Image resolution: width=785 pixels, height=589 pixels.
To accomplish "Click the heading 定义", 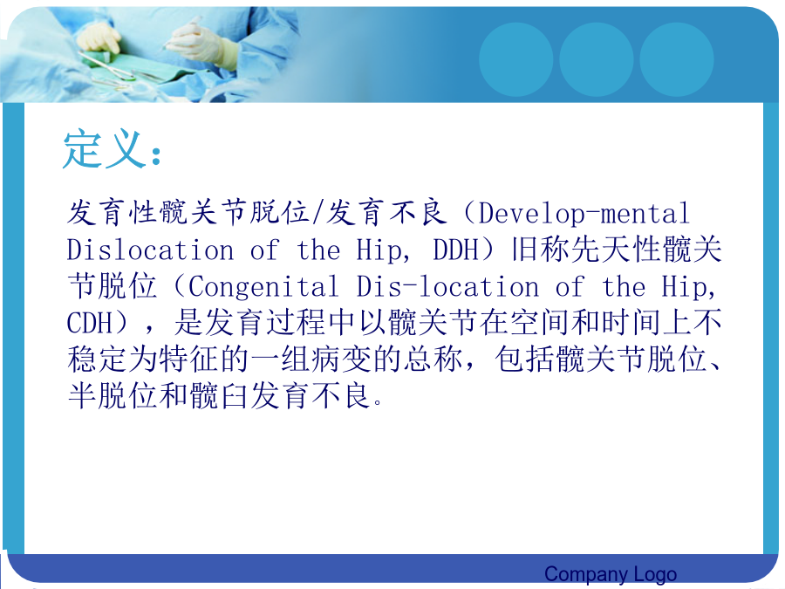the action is [104, 148].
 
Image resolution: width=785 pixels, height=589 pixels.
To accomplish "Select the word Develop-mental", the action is [584, 214].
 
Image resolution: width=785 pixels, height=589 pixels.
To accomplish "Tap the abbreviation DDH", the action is [455, 250].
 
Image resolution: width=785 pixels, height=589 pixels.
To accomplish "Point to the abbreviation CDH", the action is [90, 323].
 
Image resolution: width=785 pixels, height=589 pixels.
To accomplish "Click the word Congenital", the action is [263, 286].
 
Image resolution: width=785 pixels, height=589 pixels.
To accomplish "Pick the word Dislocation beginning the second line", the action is [150, 250].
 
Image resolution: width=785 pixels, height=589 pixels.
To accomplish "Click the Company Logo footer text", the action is [611, 574].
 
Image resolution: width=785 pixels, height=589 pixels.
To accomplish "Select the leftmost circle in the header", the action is [515, 59].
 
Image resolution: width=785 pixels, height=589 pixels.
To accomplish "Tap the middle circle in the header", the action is [597, 59].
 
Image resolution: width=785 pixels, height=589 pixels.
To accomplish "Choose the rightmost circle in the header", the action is [676, 59].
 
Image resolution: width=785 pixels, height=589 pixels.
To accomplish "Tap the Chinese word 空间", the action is [540, 322].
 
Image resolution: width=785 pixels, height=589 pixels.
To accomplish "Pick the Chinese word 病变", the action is [342, 360].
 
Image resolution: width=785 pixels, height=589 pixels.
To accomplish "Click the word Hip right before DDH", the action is [380, 250].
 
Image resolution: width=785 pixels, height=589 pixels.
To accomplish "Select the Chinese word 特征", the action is [188, 360].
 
